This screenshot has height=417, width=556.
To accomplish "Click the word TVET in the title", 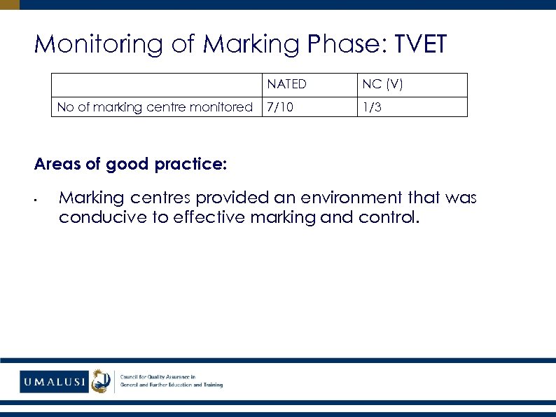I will pos(421,44).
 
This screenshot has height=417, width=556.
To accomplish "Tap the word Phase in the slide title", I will pos(348,44).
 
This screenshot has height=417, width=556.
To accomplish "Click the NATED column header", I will pos(286,85).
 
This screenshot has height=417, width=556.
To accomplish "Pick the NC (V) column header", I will pos(382,85).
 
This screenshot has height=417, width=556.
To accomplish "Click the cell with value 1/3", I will pos(372,107).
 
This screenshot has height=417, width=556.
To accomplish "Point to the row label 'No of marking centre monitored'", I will pos(155,107).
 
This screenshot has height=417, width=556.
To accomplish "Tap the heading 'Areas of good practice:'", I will pos(130,164).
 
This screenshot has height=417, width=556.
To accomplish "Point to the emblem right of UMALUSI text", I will pos(102,381).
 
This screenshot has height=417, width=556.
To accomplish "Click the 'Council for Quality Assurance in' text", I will pos(158,376).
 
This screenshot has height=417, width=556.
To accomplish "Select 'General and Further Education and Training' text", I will pos(172,385).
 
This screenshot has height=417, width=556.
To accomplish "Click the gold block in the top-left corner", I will pos(10,4).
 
